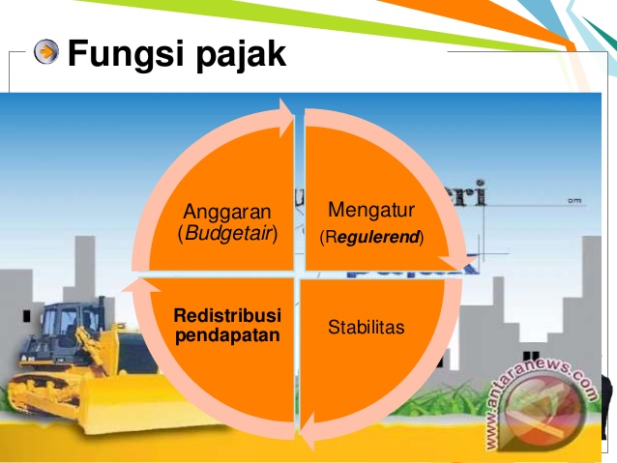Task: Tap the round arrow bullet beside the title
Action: [45, 52]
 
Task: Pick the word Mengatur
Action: [370, 209]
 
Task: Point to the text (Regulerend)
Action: [371, 235]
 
